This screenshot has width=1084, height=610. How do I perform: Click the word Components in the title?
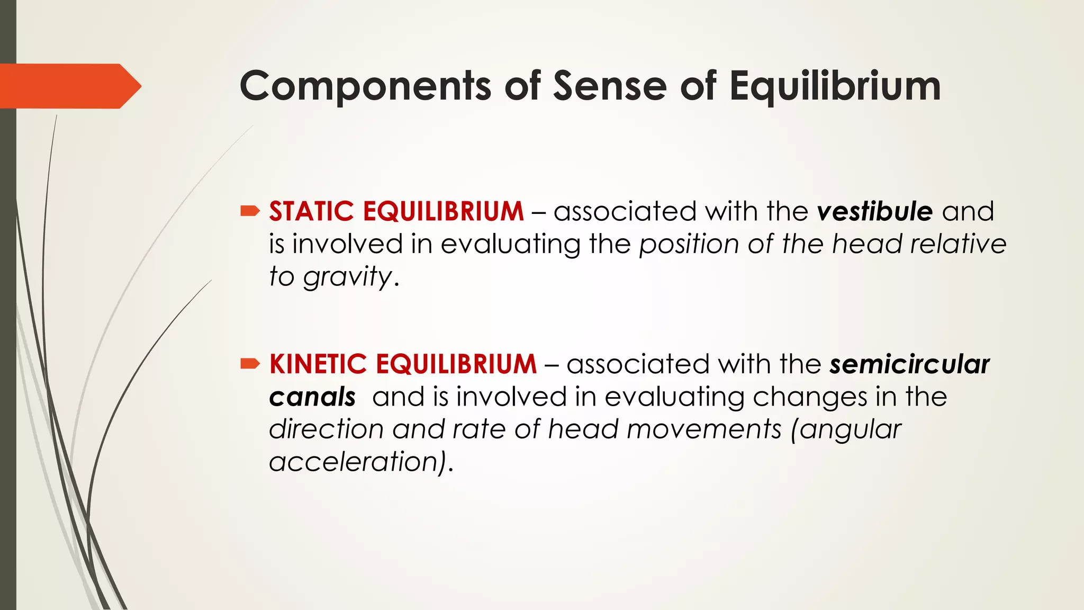coord(365,86)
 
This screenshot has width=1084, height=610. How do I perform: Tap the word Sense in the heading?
coord(610,86)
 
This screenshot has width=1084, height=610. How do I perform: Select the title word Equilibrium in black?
coord(835,86)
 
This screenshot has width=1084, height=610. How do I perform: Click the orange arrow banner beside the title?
coord(69,86)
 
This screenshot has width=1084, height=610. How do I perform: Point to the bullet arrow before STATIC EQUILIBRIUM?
coord(250,212)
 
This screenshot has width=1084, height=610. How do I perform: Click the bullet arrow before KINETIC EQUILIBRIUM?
coord(250,363)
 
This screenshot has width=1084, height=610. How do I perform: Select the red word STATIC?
coord(311,212)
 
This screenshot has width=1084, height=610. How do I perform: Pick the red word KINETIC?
coord(318,364)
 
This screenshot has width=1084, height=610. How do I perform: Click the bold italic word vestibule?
coord(874,212)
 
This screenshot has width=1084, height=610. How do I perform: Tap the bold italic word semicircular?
coord(909,364)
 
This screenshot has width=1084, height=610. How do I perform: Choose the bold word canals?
coord(312,397)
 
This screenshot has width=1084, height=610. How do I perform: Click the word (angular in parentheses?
coord(846,430)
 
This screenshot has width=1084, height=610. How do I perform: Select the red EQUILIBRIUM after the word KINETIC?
coord(456,364)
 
